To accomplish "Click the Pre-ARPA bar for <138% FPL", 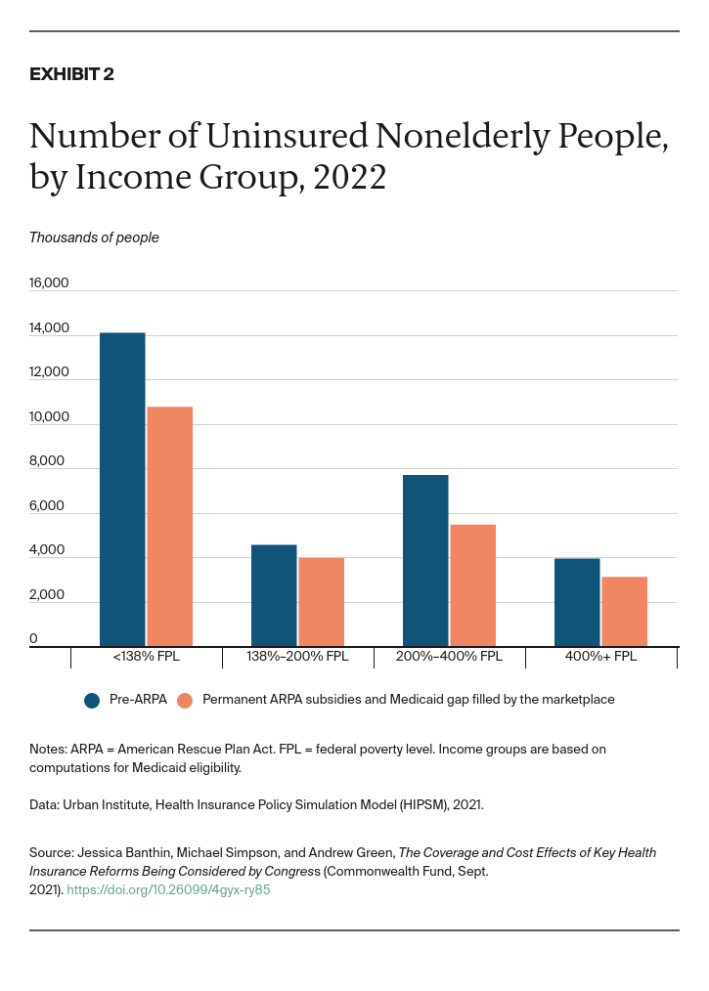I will coord(122,489).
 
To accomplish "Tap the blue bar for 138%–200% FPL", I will coord(274,595).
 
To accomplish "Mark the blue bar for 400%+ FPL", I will coord(577,602).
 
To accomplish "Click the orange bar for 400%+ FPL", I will coord(624,611).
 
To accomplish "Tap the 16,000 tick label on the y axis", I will coord(49,283).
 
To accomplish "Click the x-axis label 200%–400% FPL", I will coord(450,657).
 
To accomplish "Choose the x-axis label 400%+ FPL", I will coord(600,657).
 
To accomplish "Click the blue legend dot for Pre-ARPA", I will coord(93,700).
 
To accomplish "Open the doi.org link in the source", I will coord(168,890).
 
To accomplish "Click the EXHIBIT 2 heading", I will coord(71,74).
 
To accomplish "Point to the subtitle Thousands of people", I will coord(94,237).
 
